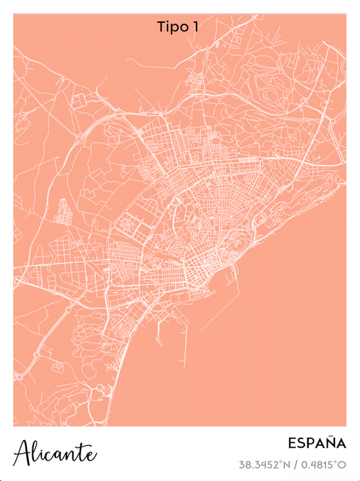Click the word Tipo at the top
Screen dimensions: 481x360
tap(171, 27)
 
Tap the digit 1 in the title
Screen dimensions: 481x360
tap(195, 27)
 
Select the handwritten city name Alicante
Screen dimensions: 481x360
tap(55, 452)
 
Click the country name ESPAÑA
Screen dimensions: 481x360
tap(317, 444)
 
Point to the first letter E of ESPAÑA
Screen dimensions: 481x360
tap(292, 444)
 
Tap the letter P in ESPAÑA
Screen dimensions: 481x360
tap(310, 444)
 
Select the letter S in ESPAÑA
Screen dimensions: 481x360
tap(301, 444)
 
